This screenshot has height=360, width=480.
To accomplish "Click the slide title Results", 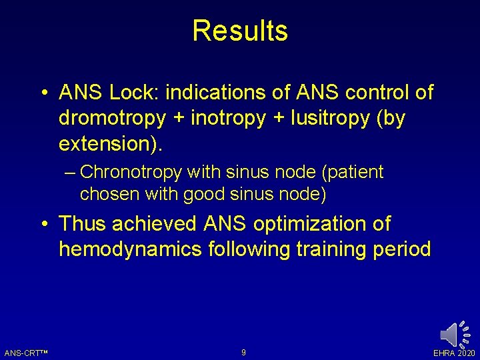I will [240, 31].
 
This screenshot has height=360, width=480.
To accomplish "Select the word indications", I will [226, 93].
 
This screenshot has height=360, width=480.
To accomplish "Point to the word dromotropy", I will [112, 118].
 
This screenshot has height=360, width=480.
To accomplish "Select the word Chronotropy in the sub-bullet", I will [131, 172].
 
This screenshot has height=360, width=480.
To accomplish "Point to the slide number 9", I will [243, 352].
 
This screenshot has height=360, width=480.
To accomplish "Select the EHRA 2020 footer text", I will [455, 353].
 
